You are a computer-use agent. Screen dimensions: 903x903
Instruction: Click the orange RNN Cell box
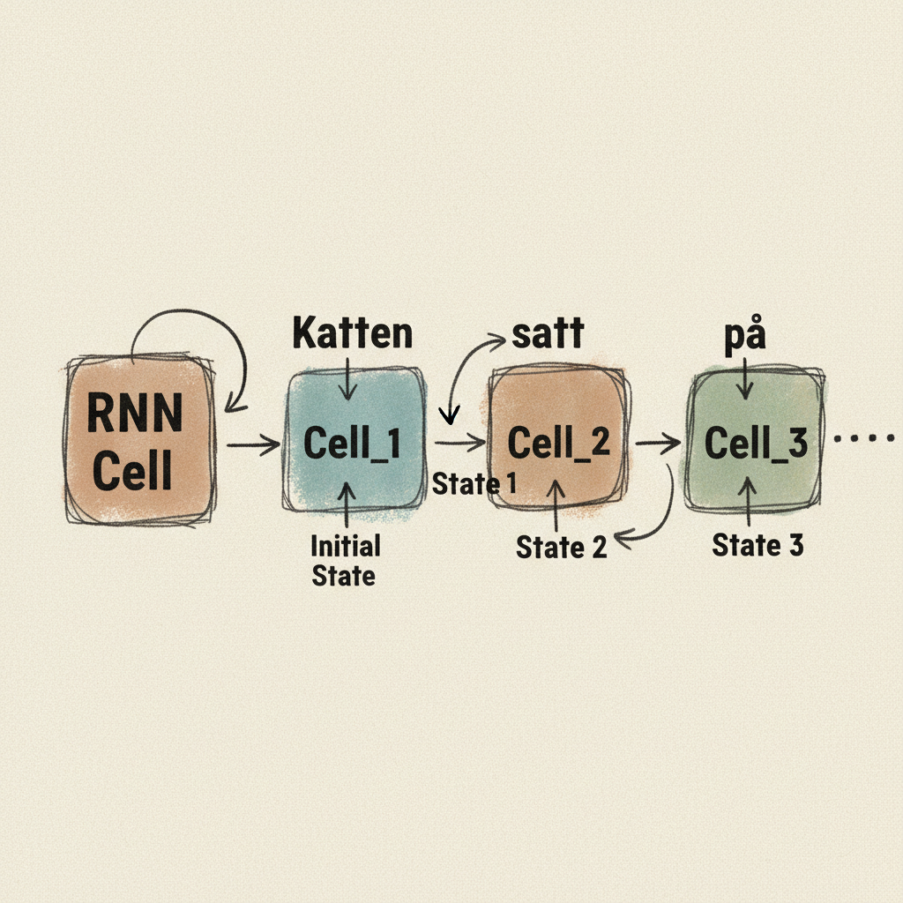pyautogui.click(x=138, y=441)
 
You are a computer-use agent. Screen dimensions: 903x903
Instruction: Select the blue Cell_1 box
pyautogui.click(x=352, y=441)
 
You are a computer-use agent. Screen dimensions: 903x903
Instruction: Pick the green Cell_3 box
pyautogui.click(x=756, y=441)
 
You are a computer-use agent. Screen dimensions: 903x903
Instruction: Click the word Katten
pyautogui.click(x=352, y=334)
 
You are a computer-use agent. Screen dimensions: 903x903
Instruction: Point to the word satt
pyautogui.click(x=546, y=334)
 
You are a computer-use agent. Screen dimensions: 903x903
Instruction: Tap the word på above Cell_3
pyautogui.click(x=743, y=339)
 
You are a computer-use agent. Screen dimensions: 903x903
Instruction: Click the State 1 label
pyautogui.click(x=474, y=483)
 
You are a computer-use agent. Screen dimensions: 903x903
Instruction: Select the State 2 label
pyautogui.click(x=561, y=547)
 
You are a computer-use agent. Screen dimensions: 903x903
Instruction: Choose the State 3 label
pyautogui.click(x=757, y=545)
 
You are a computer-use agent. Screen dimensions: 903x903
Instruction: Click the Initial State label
pyautogui.click(x=345, y=561)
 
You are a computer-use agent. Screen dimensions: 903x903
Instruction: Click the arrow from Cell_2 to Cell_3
pyautogui.click(x=657, y=442)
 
